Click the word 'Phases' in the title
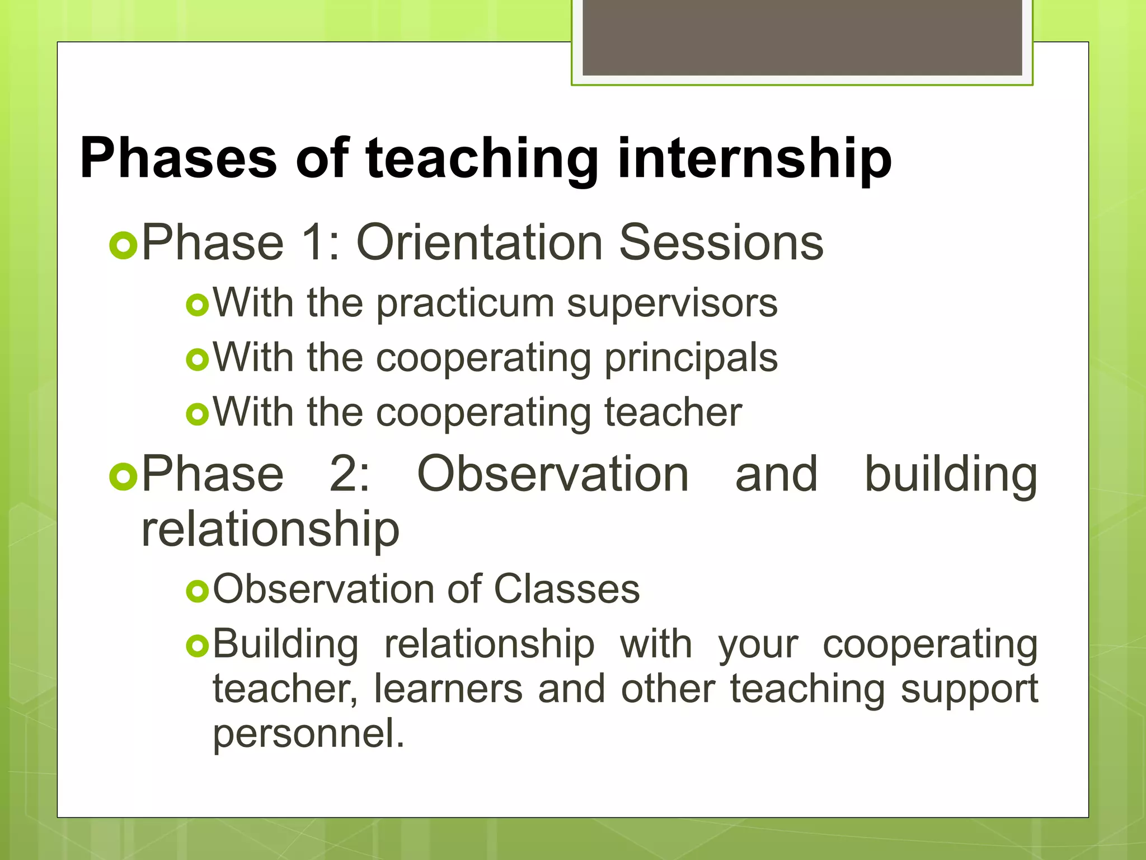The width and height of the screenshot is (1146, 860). (x=178, y=158)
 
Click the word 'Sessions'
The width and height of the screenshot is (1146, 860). (x=721, y=242)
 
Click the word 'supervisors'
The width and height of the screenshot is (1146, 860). (x=671, y=304)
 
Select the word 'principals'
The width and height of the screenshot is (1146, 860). (x=691, y=358)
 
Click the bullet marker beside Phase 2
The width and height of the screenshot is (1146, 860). (x=123, y=477)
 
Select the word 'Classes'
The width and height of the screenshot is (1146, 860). (x=566, y=589)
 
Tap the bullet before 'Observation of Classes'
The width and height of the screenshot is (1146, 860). (x=197, y=591)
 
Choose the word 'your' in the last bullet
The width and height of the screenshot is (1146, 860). (x=758, y=645)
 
